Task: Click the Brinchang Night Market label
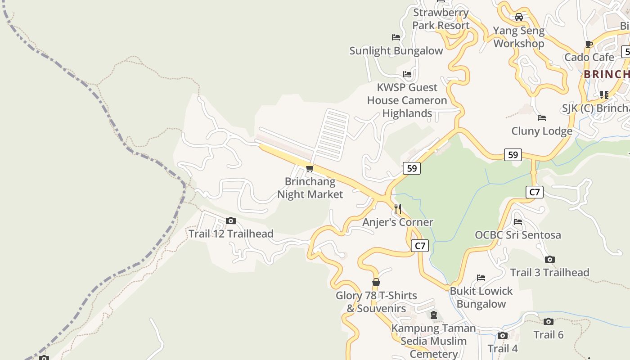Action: coord(310,188)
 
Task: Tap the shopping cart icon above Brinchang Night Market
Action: coord(310,169)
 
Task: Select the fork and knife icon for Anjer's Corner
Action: coord(398,209)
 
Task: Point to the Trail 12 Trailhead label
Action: coord(231,234)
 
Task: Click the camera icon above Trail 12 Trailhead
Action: coord(231,221)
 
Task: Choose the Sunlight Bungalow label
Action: coord(396,51)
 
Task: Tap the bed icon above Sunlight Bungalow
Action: coord(396,37)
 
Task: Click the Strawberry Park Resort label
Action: coord(441,19)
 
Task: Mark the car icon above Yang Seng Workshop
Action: coord(519,18)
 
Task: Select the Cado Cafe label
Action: coord(589,58)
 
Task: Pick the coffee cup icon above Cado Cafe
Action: coord(589,44)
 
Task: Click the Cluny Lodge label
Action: coord(542,131)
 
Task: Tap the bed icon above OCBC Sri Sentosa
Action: coord(518,222)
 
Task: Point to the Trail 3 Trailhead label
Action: coord(549,273)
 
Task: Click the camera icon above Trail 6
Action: coord(548,322)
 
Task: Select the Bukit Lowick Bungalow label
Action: coord(481,297)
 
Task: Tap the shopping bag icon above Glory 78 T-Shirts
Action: coord(376,283)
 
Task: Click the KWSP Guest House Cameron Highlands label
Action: coord(407,100)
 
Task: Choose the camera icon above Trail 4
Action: coord(503,336)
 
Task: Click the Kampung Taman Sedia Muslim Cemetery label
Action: coord(433,341)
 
